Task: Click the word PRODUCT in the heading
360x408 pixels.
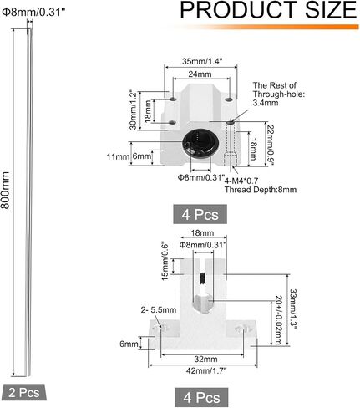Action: tap(239, 10)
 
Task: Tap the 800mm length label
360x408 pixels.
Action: tap(5, 190)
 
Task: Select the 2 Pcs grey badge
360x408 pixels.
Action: tap(23, 393)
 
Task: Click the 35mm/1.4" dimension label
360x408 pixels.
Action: tap(202, 61)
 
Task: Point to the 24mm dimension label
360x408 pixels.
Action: tap(200, 74)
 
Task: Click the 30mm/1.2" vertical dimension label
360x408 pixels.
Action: tap(134, 110)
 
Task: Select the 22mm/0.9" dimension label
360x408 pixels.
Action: tap(271, 145)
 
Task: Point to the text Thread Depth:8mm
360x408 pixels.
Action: tap(261, 190)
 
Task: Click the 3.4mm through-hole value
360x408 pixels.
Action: tap(266, 103)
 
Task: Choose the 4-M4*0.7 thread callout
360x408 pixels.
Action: tap(241, 181)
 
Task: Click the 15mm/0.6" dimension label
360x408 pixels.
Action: tap(165, 262)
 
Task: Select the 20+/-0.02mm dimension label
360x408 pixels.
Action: tap(278, 320)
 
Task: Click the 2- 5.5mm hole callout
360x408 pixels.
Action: tap(159, 309)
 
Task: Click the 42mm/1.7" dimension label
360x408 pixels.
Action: tap(206, 370)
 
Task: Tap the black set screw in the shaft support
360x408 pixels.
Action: tap(203, 278)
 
